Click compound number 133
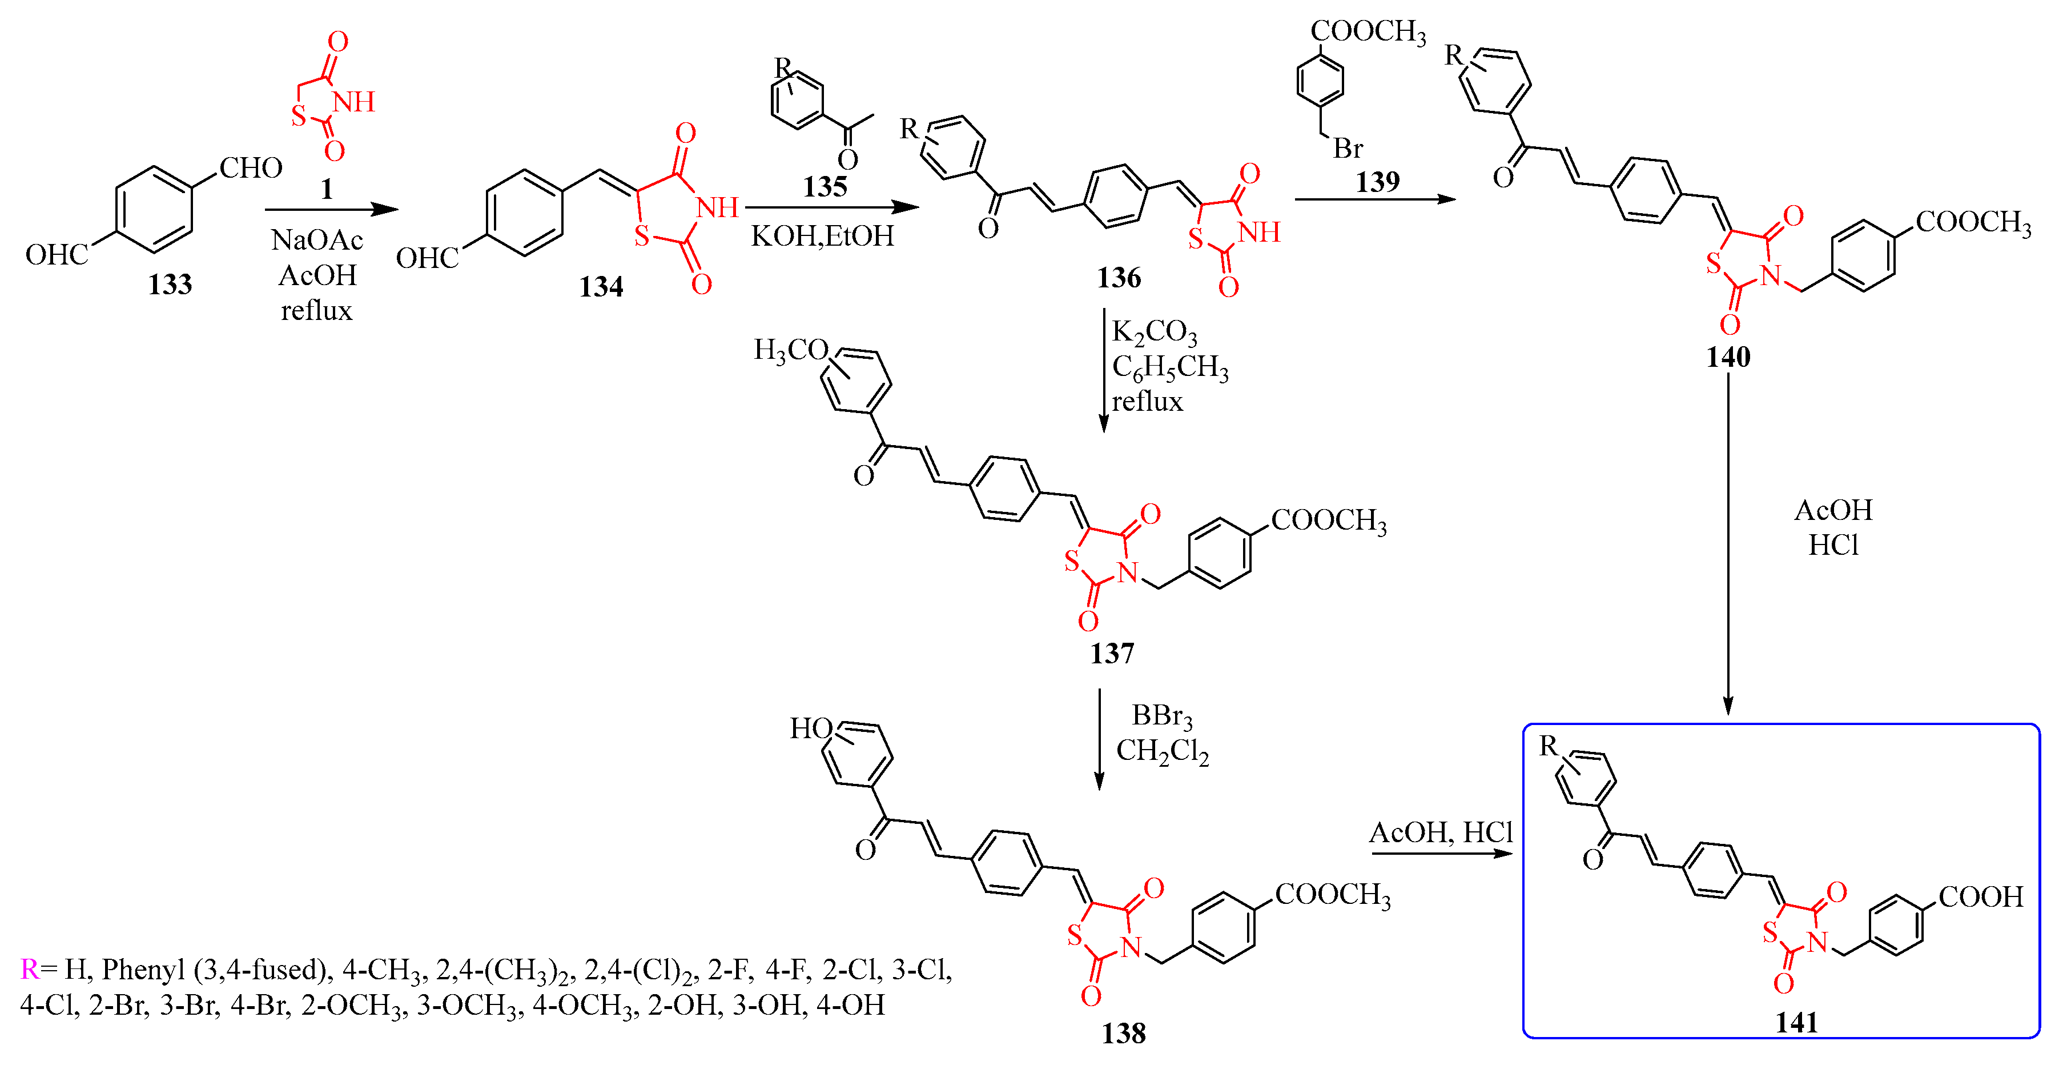pos(170,285)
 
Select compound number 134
pos(601,287)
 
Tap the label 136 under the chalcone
pos(1119,278)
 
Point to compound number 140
pos(1728,357)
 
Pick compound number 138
pos(1123,1034)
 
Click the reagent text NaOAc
pos(317,240)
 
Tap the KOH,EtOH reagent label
pos(822,236)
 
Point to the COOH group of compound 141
pos(1980,897)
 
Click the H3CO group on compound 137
pos(790,350)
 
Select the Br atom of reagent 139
pos(1348,148)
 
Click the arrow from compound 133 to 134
pos(331,210)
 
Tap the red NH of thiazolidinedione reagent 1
pos(354,102)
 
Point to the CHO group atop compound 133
pos(251,168)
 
